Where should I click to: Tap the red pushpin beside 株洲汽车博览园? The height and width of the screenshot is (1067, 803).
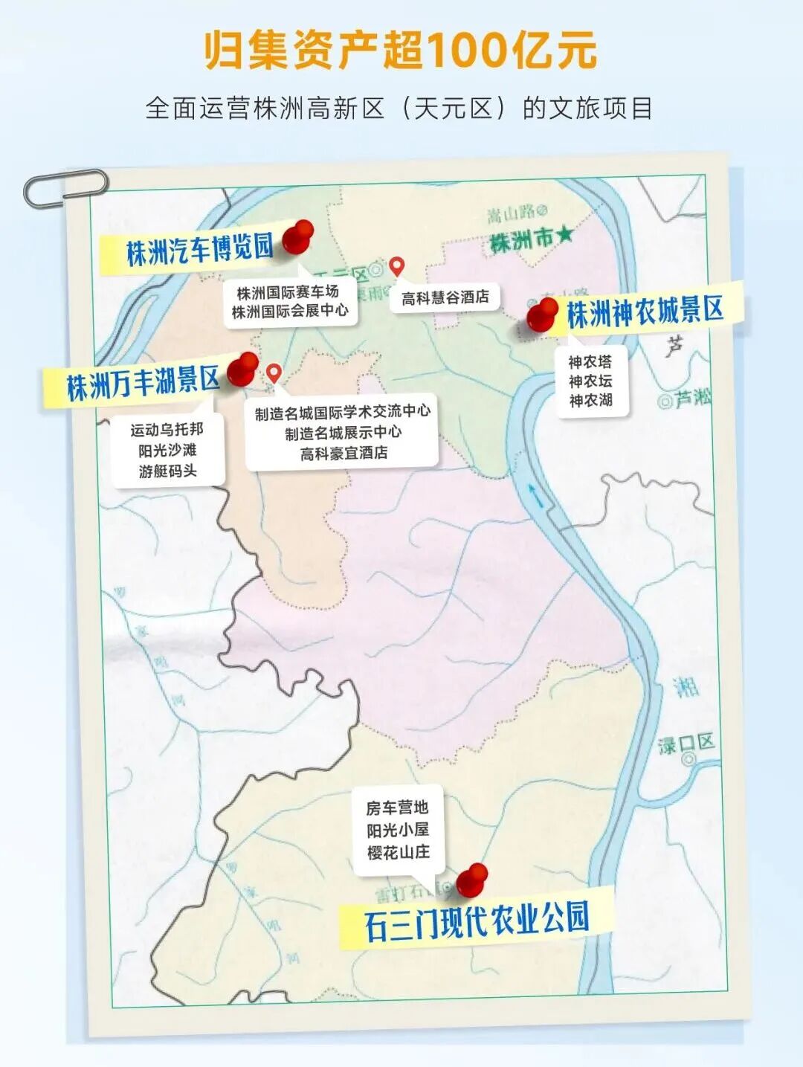(x=299, y=236)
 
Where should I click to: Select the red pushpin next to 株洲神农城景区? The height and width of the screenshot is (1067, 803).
(x=543, y=315)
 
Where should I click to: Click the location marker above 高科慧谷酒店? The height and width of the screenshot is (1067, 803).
(x=397, y=266)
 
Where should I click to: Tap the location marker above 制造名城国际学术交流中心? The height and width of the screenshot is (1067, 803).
(x=274, y=373)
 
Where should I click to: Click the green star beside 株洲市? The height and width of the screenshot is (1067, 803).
(x=565, y=236)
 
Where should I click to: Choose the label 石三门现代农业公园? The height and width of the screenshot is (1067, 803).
(x=477, y=920)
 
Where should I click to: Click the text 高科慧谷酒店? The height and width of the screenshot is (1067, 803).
(x=445, y=297)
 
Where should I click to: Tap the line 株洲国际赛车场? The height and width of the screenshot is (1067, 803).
(x=288, y=292)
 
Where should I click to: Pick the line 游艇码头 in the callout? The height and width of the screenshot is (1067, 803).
(x=167, y=471)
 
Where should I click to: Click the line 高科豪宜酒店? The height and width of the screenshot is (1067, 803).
(x=344, y=453)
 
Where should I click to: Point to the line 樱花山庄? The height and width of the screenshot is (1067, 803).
(x=398, y=852)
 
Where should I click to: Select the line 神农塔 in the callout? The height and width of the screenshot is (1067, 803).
(x=590, y=362)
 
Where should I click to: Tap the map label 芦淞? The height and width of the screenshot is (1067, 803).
(x=692, y=399)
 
